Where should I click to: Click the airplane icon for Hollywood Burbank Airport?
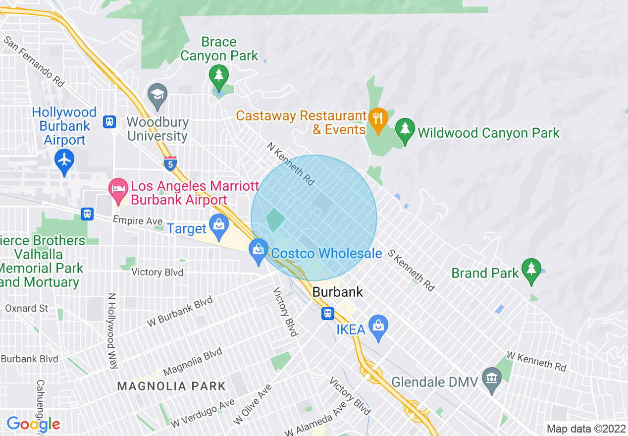point(64,160)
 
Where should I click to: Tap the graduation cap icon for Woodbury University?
point(157,93)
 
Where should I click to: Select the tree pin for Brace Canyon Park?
point(218,75)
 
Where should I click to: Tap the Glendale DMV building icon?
point(491,379)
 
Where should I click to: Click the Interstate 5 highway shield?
point(170,163)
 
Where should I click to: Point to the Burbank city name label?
point(337,292)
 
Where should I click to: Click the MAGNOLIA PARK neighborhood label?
point(171,386)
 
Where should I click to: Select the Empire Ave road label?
point(138,220)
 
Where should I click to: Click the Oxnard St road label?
point(26,308)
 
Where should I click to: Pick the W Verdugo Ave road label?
point(203,414)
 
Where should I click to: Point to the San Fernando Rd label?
point(34,60)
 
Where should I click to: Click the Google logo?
point(33,424)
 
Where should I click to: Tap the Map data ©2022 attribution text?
point(584,429)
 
